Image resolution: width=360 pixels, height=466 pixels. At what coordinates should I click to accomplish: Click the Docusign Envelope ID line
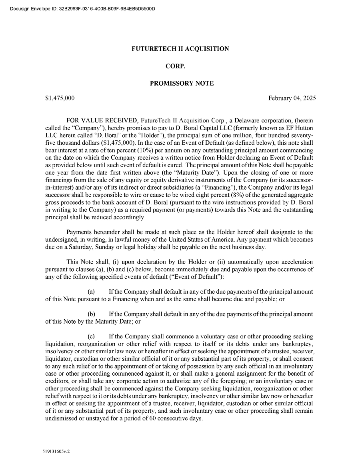(x=82, y=8)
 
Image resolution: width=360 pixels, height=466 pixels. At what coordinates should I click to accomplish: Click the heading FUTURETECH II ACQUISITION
(x=180, y=49)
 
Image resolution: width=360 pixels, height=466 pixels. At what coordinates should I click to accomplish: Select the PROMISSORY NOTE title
(x=182, y=84)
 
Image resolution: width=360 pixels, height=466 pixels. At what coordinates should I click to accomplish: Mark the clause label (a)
(x=91, y=292)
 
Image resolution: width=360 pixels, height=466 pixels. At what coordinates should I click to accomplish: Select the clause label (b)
(x=91, y=314)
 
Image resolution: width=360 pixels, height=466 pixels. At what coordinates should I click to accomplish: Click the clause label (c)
(x=91, y=337)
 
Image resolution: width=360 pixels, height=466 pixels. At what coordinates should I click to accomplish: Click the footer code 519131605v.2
(x=58, y=451)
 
